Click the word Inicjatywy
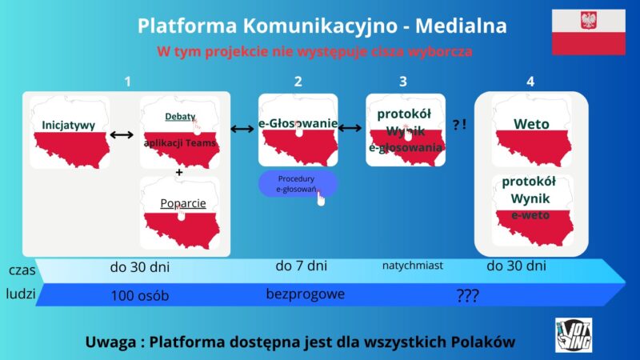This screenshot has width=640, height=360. click(x=69, y=125)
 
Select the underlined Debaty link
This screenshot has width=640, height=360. click(x=180, y=117)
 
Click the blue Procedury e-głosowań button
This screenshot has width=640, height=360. click(x=298, y=184)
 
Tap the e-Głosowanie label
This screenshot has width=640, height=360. click(x=298, y=124)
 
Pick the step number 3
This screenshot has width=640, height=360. click(x=403, y=81)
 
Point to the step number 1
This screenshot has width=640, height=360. click(x=127, y=81)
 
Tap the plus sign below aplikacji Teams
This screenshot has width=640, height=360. click(x=179, y=172)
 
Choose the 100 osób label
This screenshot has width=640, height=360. click(x=139, y=296)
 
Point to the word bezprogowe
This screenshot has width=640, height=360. click(x=306, y=294)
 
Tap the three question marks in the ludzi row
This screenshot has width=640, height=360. click(x=468, y=296)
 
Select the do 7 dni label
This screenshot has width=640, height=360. click(x=301, y=265)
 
